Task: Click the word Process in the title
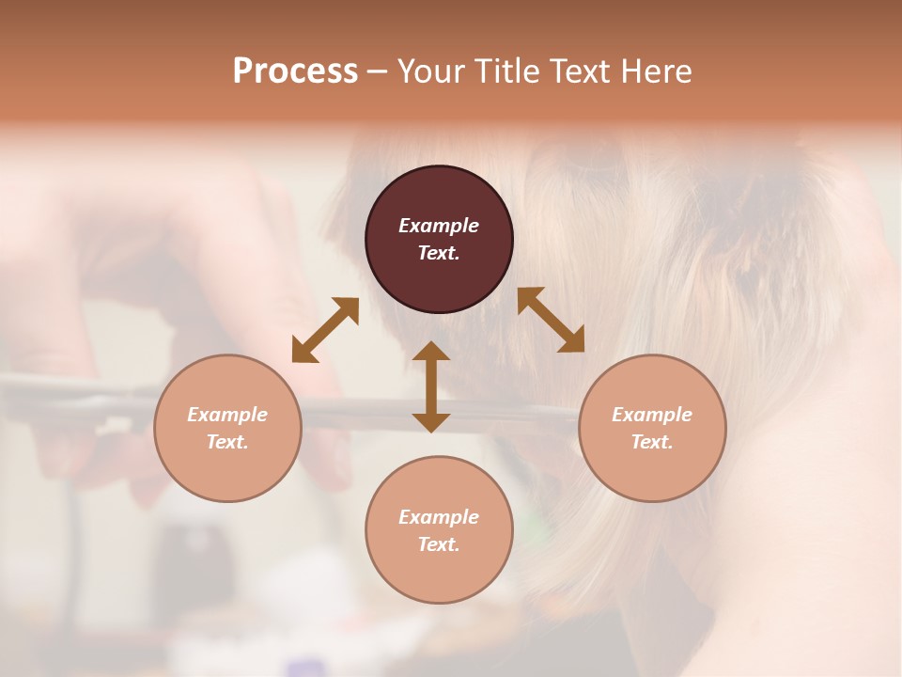[x=295, y=71]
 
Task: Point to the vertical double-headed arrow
[x=431, y=386]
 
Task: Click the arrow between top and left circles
[x=325, y=330]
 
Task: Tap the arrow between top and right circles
[x=551, y=320]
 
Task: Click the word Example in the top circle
[x=439, y=226]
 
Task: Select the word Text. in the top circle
[x=439, y=253]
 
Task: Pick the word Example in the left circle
[x=227, y=415]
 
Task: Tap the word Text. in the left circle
[x=227, y=442]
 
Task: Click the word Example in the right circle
[x=652, y=415]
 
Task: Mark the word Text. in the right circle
[x=652, y=442]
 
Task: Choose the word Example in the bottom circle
[x=439, y=517]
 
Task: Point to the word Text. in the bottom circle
[x=439, y=544]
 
